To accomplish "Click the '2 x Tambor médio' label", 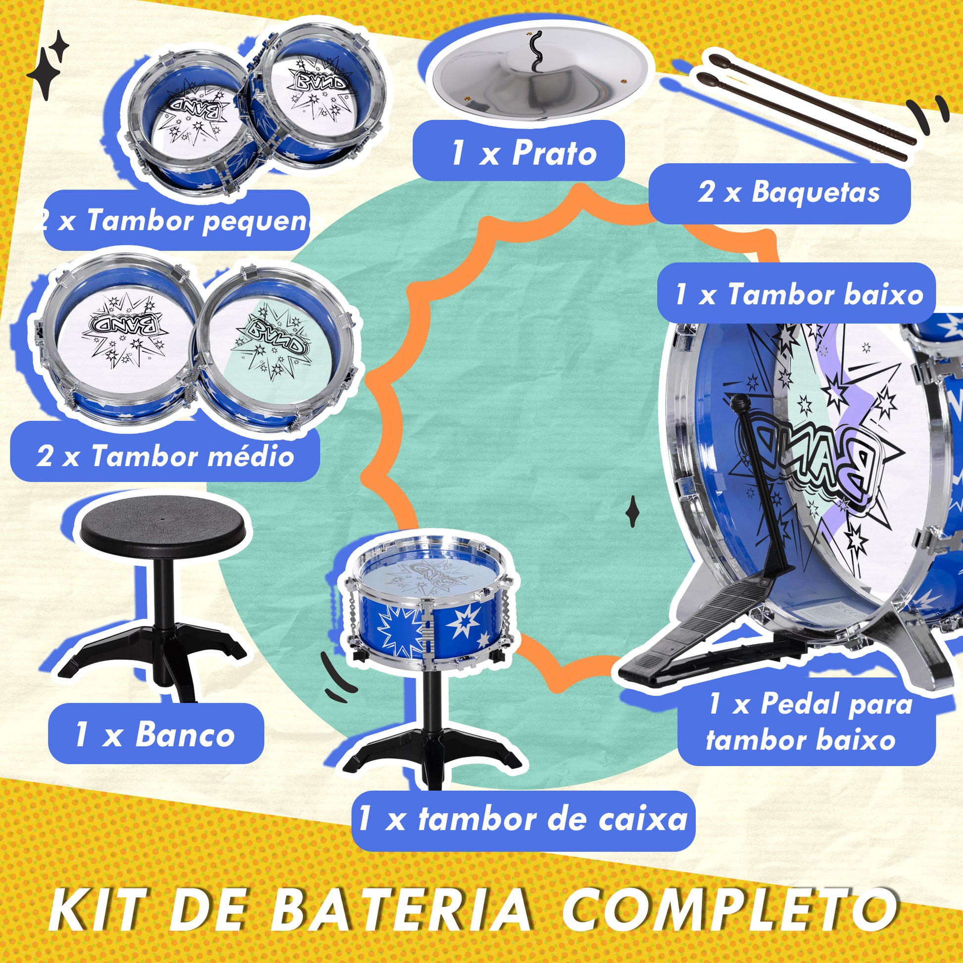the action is (x=164, y=455).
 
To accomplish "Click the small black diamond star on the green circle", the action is (x=632, y=511).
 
